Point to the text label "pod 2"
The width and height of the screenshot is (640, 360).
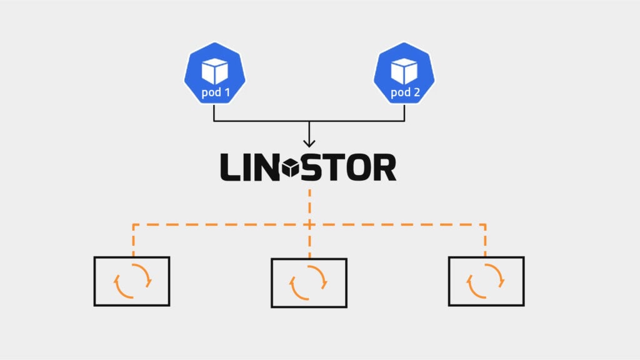point(404,93)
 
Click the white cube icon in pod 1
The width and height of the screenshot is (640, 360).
point(214,72)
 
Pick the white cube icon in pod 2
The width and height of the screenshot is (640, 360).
point(404,72)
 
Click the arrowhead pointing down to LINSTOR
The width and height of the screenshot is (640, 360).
point(309,143)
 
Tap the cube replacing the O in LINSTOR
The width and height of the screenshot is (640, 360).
point(291,168)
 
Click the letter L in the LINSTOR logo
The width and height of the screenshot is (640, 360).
point(229,168)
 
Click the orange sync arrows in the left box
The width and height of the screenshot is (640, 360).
point(132,282)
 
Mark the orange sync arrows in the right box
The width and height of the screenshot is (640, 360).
point(486,282)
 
